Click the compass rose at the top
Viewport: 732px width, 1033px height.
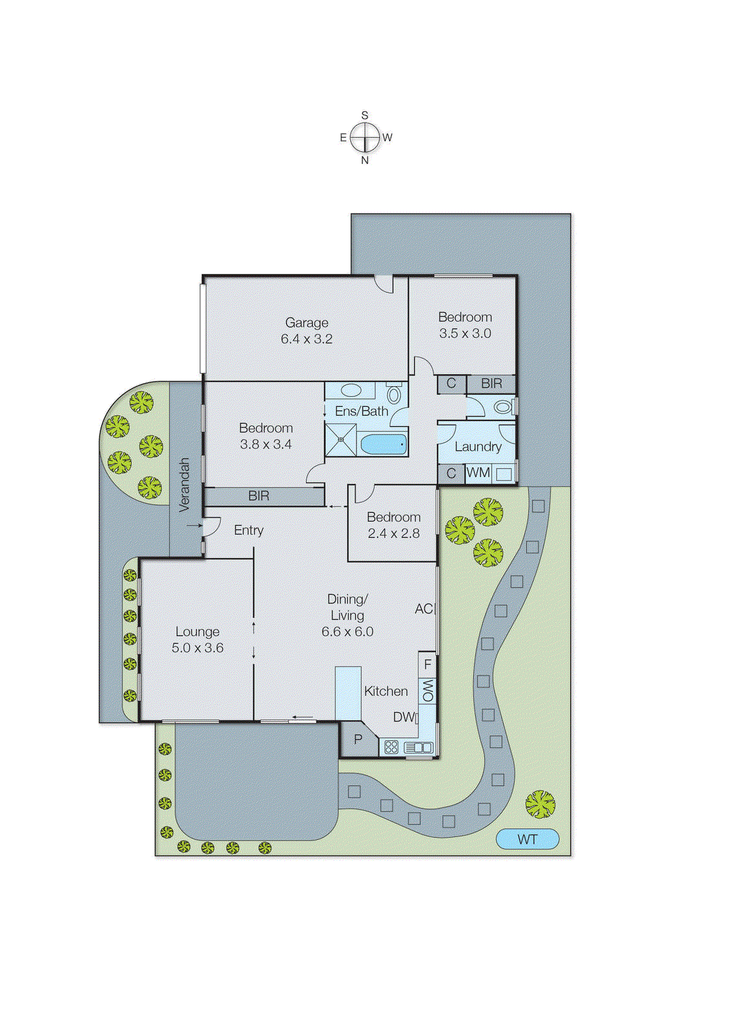[x=365, y=138]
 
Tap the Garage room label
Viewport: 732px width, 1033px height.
[x=307, y=323]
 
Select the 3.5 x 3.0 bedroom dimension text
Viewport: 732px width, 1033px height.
[x=465, y=334]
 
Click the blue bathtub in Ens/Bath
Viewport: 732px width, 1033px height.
[x=383, y=444]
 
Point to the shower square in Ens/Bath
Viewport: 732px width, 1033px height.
[x=340, y=440]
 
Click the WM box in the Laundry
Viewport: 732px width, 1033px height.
[x=478, y=473]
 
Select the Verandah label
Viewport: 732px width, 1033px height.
[x=185, y=485]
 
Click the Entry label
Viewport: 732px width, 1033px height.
[x=249, y=530]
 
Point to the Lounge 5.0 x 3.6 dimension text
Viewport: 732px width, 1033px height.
[x=198, y=648]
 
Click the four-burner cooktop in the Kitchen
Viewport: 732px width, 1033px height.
[x=391, y=747]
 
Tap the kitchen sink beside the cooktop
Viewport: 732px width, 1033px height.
[x=419, y=747]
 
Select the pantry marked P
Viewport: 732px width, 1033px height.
[x=358, y=740]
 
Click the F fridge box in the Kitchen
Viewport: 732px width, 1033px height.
[x=428, y=664]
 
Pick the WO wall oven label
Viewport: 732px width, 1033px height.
[x=428, y=690]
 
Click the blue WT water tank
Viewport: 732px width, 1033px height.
[x=527, y=839]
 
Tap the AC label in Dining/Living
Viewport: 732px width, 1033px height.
[x=424, y=609]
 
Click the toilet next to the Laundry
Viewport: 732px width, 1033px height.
[x=503, y=407]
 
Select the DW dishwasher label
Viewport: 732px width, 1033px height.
[x=404, y=717]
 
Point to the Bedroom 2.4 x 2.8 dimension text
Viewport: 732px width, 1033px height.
[x=393, y=534]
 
